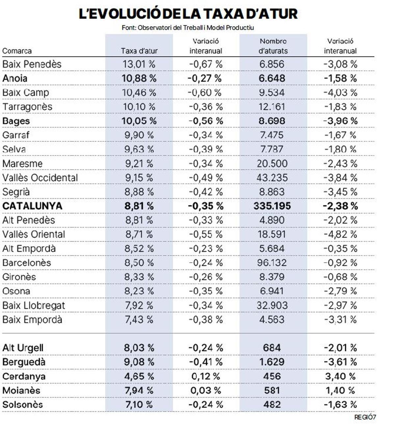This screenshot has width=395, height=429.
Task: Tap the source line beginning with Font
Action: coord(188,28)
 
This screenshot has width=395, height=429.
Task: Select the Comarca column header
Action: coord(17,51)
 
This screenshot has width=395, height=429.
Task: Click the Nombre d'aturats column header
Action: coord(273,46)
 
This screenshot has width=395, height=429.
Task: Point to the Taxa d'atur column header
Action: coord(139,51)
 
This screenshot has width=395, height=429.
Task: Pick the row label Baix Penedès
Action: coord(32,64)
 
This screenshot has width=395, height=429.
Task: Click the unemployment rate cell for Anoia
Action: coord(139,78)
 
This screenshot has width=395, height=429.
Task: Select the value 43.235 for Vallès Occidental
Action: coord(272,178)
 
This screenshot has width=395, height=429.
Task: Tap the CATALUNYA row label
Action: coord(32,206)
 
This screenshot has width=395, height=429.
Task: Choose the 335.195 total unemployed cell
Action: coord(272,206)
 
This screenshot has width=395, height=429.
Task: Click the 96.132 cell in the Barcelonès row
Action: coord(272,263)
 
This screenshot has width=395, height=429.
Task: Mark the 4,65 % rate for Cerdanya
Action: coord(139,376)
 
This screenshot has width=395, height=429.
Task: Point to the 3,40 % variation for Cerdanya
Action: coord(340,376)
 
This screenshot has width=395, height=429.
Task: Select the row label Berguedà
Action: coord(24,362)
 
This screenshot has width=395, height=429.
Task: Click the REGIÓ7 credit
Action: coord(365,417)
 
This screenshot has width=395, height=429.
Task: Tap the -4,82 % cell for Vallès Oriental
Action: coord(340,235)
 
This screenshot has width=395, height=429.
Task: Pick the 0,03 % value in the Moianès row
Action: coord(206,391)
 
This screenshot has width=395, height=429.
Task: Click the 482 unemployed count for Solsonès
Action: coord(272,405)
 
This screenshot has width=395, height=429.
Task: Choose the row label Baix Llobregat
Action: coord(34,306)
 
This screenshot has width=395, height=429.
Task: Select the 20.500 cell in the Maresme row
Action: coord(272,164)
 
